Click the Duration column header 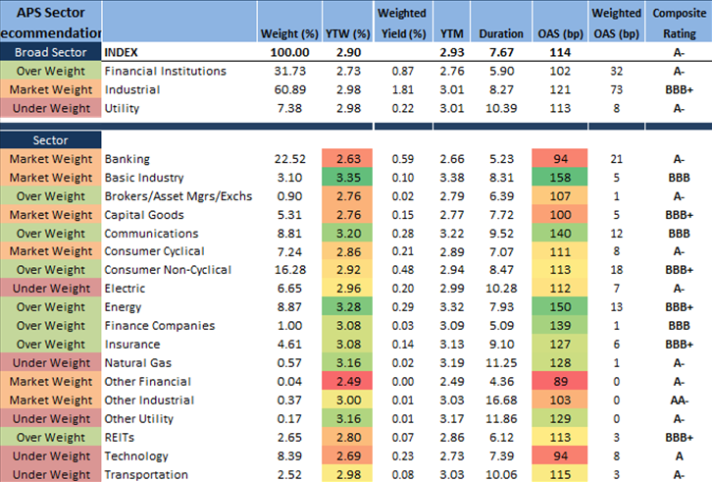[x=501, y=33]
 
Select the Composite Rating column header [x=676, y=24]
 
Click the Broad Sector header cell [x=51, y=52]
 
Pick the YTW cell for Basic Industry [x=348, y=177]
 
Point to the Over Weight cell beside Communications [x=51, y=233]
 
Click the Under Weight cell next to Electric [x=51, y=289]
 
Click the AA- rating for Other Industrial [x=676, y=400]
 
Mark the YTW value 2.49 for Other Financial [x=348, y=381]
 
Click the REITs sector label [x=119, y=437]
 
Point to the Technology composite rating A [x=676, y=455]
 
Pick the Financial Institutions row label [x=165, y=71]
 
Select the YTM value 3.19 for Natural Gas [x=452, y=362]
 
